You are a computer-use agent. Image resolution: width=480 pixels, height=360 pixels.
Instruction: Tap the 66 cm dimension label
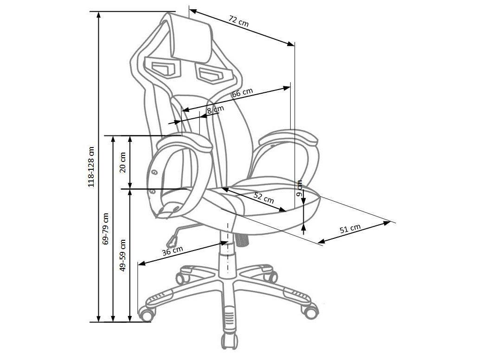point(242,92)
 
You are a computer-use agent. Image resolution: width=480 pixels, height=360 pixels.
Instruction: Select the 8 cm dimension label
point(216,109)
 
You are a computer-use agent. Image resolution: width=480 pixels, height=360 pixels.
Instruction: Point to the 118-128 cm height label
point(91,167)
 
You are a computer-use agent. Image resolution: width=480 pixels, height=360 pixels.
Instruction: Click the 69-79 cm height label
point(106,229)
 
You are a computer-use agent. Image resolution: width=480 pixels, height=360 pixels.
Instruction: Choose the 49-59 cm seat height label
point(123,255)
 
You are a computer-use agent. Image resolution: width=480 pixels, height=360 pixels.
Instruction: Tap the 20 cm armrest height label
point(123,162)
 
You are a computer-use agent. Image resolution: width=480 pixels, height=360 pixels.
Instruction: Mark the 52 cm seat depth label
point(264,198)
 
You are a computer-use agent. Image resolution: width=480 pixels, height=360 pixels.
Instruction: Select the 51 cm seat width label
point(350,229)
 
